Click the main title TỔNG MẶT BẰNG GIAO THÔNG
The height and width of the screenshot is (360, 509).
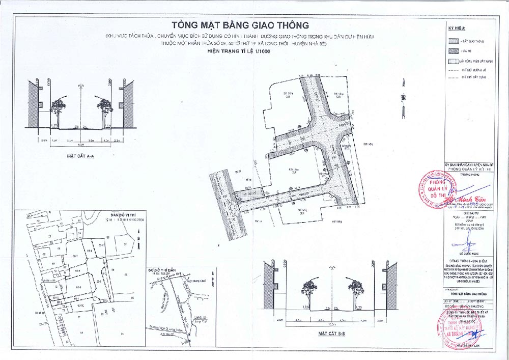(240, 24)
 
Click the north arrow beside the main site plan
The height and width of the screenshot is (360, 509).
(403, 97)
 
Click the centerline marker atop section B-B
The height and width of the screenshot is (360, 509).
(332, 267)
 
